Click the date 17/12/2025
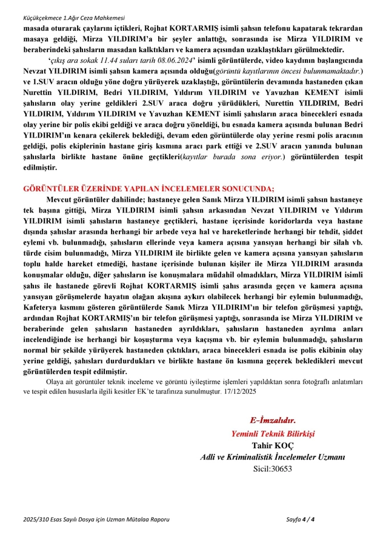coord(241,392)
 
